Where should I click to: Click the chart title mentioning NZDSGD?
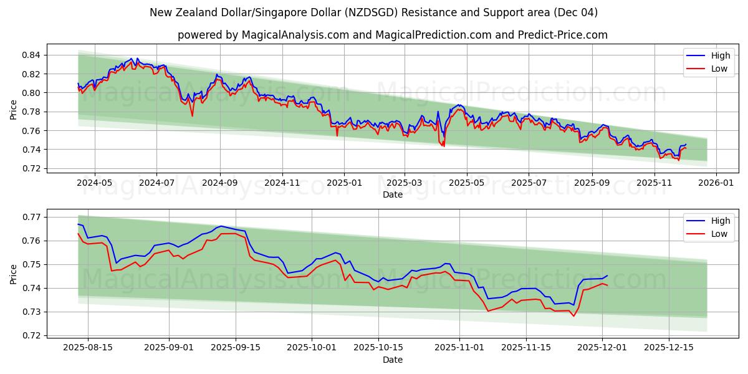click(x=373, y=12)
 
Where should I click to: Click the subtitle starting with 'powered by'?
click(x=392, y=35)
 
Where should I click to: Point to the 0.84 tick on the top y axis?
click(x=31, y=55)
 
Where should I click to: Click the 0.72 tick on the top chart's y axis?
click(x=31, y=169)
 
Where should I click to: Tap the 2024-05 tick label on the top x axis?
click(x=95, y=183)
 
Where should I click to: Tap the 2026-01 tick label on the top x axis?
click(x=716, y=183)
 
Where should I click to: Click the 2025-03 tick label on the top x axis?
click(x=405, y=183)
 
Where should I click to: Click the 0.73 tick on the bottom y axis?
click(x=31, y=312)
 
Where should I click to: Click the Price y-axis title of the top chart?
click(x=14, y=109)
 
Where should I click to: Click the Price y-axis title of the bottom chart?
click(x=14, y=274)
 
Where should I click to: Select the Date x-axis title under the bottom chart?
click(x=392, y=360)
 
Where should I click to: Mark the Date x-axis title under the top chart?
click(x=392, y=194)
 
